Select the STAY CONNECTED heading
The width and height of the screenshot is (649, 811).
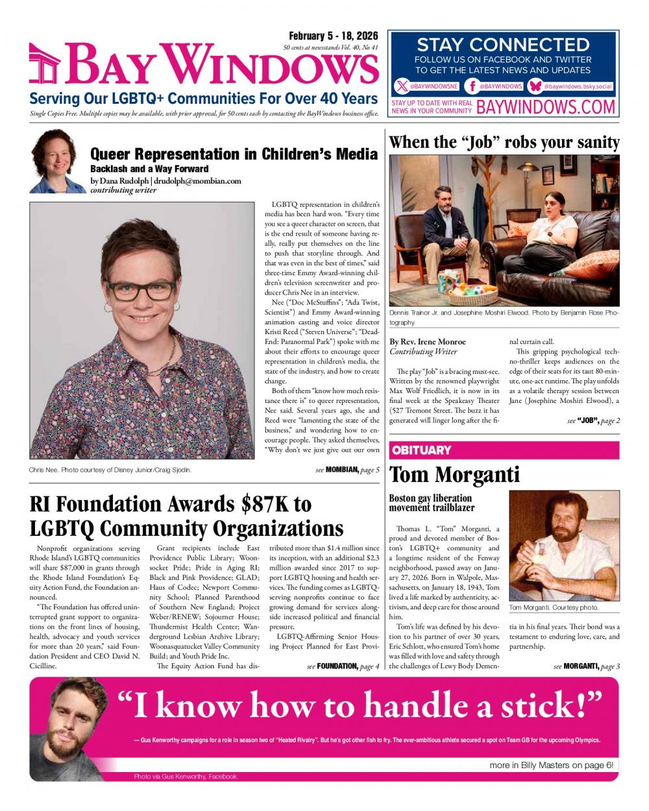[x=503, y=45]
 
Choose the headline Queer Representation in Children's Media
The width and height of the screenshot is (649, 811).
[x=234, y=154]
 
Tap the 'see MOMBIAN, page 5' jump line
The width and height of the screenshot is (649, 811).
[x=347, y=469]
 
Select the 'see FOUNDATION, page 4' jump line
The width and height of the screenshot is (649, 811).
[x=343, y=666]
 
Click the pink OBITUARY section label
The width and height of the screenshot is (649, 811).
[x=421, y=450]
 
